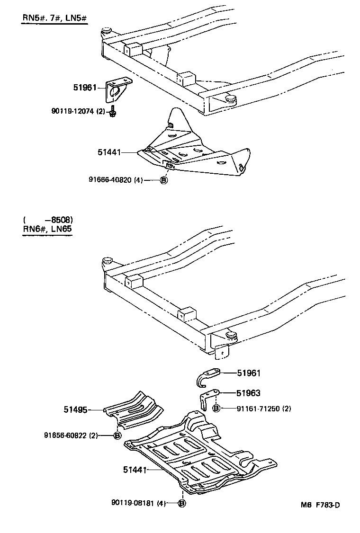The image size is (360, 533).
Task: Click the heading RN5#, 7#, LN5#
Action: (55, 18)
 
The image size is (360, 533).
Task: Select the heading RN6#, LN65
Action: (47, 230)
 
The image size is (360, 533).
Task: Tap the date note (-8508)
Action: (48, 220)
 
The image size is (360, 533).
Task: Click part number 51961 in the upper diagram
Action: (85, 87)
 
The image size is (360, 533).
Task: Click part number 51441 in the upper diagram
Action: (109, 152)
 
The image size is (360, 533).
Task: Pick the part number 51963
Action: (249, 393)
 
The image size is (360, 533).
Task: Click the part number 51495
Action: (76, 409)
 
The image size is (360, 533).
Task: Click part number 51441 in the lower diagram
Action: (135, 470)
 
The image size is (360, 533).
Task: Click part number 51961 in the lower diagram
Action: (249, 373)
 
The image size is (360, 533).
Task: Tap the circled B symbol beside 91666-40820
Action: (163, 180)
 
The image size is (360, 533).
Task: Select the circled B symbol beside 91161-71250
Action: (216, 408)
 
